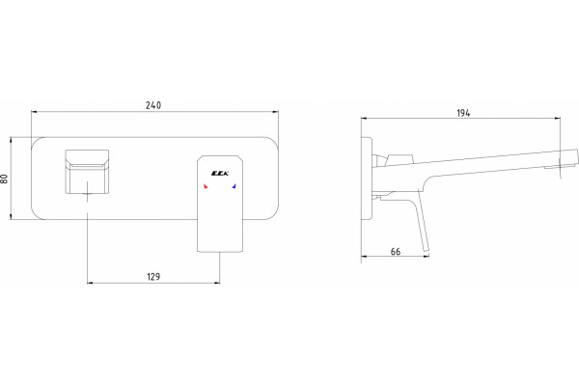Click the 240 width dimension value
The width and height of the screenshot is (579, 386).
(x=153, y=105)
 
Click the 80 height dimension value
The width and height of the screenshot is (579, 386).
(x=4, y=179)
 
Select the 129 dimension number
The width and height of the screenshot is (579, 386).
(x=153, y=277)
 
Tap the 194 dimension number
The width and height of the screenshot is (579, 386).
(x=463, y=113)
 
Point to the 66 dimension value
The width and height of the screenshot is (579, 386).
(x=395, y=252)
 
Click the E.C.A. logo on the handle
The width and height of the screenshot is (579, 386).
(x=220, y=174)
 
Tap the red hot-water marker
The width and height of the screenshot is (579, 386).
(x=206, y=186)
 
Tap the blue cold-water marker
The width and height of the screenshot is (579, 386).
(x=234, y=186)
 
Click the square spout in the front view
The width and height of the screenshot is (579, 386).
(x=87, y=172)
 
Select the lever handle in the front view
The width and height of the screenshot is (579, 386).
(x=220, y=204)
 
